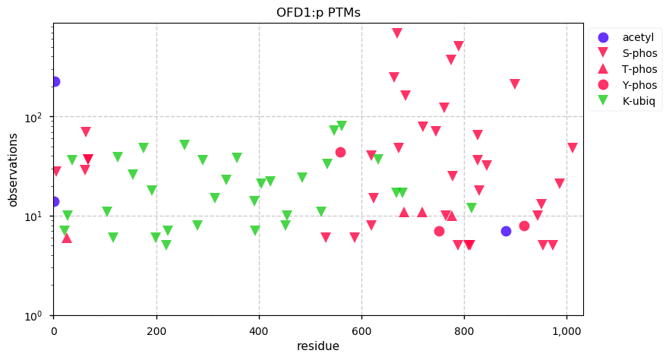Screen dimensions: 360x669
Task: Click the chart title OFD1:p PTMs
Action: click(x=317, y=12)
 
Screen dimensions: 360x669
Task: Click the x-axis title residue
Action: click(x=317, y=346)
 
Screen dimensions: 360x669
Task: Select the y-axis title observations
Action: click(x=13, y=169)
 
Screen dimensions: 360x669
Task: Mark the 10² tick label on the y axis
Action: click(x=37, y=117)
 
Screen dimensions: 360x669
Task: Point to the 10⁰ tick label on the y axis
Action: click(x=37, y=315)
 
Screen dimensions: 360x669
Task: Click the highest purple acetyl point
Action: click(x=55, y=81)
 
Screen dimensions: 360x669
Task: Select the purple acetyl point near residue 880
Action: click(x=506, y=231)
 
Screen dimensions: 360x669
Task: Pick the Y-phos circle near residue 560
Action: click(x=340, y=152)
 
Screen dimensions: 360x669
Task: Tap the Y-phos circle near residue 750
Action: click(x=439, y=231)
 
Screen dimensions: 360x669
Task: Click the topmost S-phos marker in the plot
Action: click(x=397, y=33)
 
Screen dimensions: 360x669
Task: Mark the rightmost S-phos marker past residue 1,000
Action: click(x=572, y=147)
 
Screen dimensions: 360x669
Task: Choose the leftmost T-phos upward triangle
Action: click(x=67, y=238)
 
